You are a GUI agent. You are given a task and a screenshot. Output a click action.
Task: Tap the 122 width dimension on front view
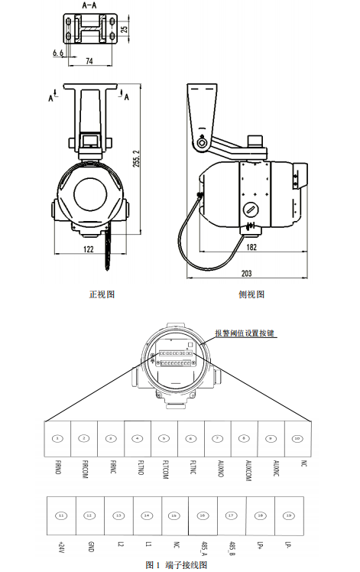click(89, 249)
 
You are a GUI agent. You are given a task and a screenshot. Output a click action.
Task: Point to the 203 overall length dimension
click(246, 273)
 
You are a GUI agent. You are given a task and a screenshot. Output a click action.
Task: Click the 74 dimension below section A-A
click(89, 60)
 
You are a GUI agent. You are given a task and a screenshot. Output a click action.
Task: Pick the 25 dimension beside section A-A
click(125, 30)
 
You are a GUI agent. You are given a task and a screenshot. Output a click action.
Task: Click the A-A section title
click(89, 5)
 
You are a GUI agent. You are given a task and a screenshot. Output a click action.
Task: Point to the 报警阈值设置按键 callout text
click(245, 333)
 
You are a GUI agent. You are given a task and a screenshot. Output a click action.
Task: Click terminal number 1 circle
click(58, 438)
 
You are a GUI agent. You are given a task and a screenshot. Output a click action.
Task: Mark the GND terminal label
click(90, 546)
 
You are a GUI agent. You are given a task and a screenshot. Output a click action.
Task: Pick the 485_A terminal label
click(203, 548)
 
